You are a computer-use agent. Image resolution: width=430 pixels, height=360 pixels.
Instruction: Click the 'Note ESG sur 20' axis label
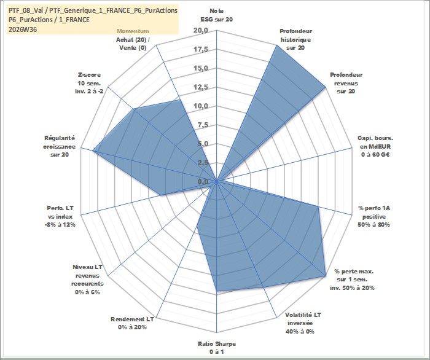217,15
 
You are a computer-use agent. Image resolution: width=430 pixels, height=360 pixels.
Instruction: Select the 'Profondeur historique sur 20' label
295,39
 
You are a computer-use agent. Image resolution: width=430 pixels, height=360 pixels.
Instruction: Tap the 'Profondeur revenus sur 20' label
346,83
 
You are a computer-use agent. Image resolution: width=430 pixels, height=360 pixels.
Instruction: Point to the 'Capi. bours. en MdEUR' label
375,143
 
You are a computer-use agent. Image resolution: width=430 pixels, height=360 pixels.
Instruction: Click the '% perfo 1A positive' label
374,212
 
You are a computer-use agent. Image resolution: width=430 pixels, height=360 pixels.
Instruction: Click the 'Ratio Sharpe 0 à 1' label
217,347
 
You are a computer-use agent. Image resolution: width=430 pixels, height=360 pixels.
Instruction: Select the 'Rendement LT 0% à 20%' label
132,323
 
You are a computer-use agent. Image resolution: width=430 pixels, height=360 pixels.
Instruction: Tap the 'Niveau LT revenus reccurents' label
87,275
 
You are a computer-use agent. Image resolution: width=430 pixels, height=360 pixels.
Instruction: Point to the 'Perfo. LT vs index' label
60,212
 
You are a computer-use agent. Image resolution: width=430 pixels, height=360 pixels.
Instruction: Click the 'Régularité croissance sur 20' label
59,146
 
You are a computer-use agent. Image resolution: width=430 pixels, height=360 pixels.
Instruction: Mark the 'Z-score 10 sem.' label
90,79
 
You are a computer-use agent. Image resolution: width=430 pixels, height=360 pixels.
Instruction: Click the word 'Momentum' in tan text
133,31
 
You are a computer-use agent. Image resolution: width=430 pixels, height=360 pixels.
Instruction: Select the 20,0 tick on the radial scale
201,31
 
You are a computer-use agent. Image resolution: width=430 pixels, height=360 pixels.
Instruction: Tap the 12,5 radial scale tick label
201,87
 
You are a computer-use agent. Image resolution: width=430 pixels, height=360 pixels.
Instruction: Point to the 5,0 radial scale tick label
203,144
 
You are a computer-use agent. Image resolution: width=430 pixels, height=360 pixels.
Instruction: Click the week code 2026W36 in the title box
23,29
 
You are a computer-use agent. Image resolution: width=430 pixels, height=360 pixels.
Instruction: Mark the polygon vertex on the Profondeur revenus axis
325,87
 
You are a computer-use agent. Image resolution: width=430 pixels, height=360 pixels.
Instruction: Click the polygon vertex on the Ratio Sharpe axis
217,291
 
